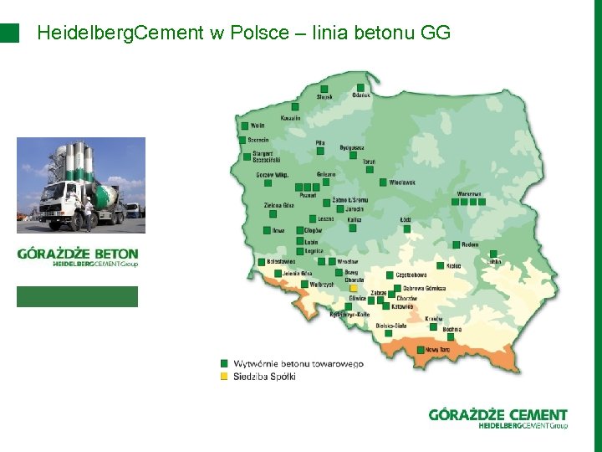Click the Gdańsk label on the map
(361, 96)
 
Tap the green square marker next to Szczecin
(242, 140)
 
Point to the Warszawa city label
(469, 193)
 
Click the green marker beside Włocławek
(382, 182)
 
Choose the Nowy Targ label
(437, 349)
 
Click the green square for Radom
(455, 244)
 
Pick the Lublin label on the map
(493, 261)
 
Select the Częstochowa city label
(411, 275)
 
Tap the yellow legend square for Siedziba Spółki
(223, 377)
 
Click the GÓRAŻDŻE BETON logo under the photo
(78, 256)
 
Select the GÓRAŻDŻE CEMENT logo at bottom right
(497, 419)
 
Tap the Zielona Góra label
(278, 205)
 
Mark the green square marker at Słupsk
(323, 88)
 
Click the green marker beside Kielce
(439, 265)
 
